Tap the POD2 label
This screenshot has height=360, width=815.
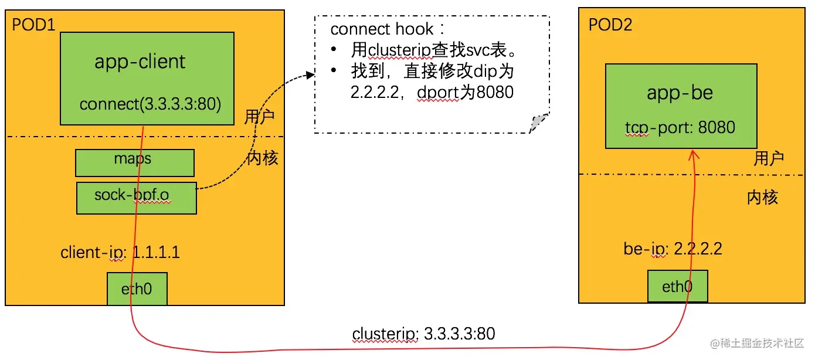[610, 25]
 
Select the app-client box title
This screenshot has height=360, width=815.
[140, 62]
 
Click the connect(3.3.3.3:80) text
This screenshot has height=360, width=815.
[150, 104]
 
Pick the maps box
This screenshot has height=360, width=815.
[134, 162]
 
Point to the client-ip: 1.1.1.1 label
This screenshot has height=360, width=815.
[120, 253]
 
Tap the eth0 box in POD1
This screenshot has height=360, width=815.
[137, 288]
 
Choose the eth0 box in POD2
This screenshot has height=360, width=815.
[677, 287]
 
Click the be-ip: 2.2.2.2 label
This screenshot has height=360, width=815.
[673, 249]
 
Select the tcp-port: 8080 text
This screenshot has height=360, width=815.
[680, 127]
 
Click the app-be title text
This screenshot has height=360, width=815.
[680, 93]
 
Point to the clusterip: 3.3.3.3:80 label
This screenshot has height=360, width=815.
[423, 334]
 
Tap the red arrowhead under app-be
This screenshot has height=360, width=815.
[694, 155]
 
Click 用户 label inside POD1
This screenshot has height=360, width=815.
[259, 117]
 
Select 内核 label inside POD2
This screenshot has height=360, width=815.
[762, 198]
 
